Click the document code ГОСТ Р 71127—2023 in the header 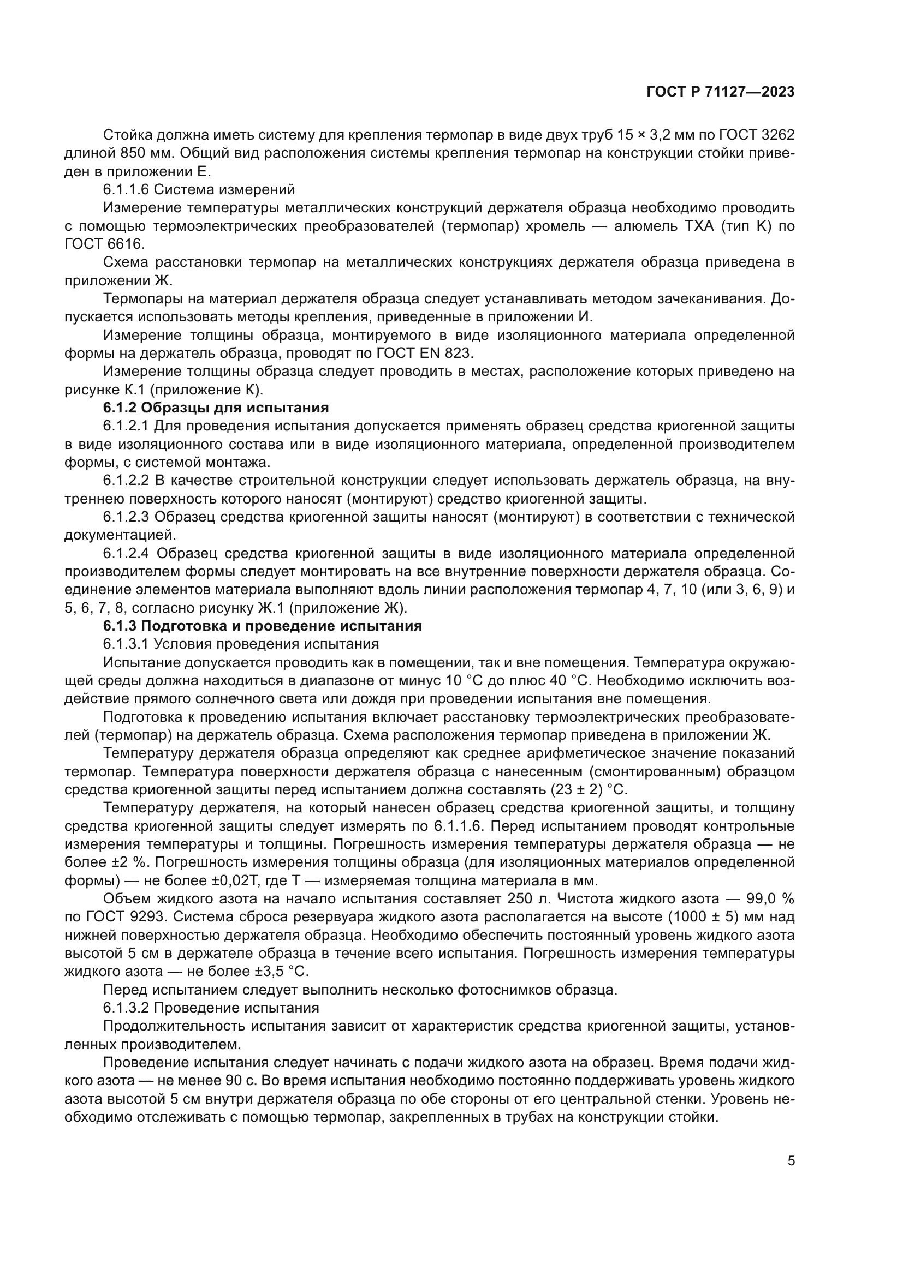[x=720, y=92]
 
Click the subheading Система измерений [x=224, y=190]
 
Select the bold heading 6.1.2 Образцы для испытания [x=216, y=408]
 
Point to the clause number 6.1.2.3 [x=126, y=517]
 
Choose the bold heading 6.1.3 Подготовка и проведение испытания [x=263, y=626]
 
